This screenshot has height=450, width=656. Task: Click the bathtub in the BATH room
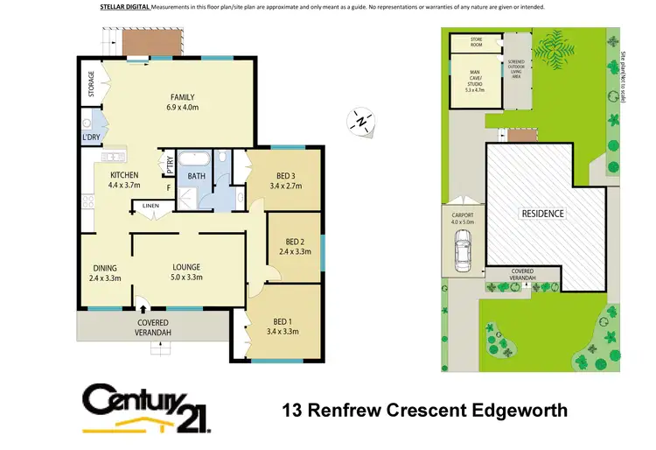[194, 160]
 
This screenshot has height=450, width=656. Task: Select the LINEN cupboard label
[150, 207]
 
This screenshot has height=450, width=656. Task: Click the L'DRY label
[90, 138]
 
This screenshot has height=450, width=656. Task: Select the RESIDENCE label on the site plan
[543, 214]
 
